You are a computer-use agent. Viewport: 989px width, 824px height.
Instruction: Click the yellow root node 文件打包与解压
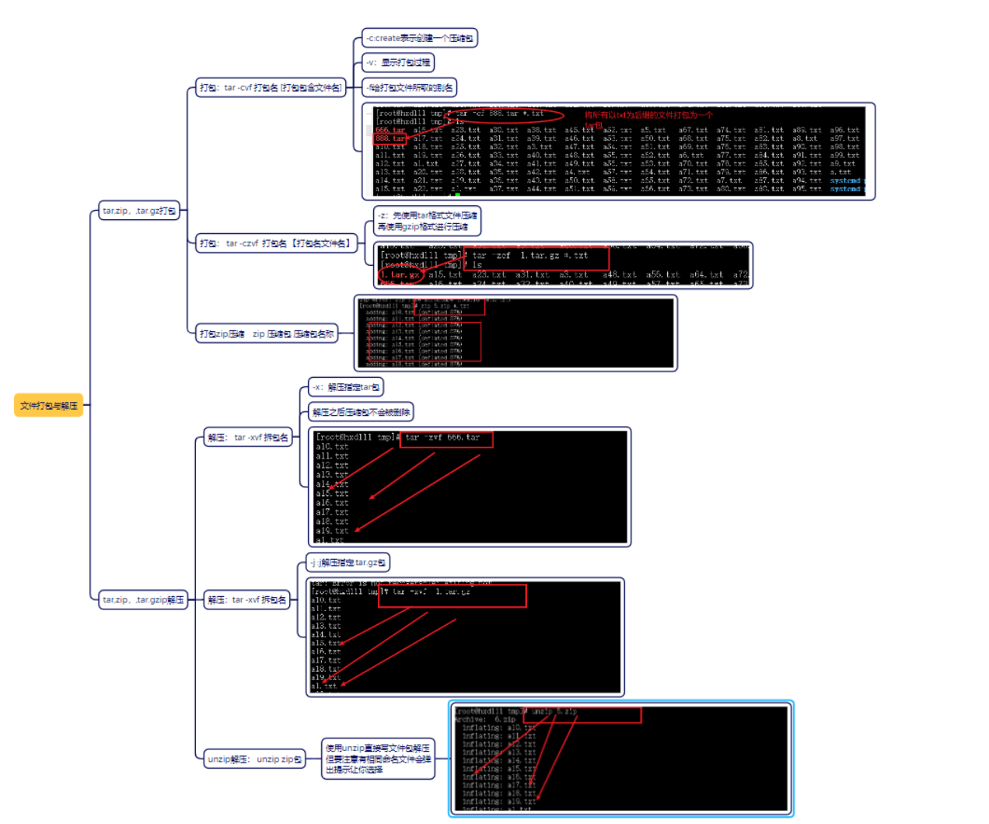coord(48,405)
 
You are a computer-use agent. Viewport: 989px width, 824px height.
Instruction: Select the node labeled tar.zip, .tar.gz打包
coord(139,211)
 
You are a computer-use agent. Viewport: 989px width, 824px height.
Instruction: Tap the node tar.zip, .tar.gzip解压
coord(143,600)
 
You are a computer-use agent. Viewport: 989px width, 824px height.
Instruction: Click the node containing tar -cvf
coord(271,88)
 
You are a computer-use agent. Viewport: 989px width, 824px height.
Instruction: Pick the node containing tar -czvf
coord(276,243)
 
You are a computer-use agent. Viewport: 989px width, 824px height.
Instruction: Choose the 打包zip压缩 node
coord(267,333)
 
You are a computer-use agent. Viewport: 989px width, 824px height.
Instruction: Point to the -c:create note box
coord(420,38)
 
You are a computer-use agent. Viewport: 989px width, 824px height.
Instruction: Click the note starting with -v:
coord(398,63)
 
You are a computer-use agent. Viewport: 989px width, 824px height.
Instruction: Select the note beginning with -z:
coord(427,221)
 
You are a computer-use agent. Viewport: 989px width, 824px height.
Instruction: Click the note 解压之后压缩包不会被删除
coord(361,412)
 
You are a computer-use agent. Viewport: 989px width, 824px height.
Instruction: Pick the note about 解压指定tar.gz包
coord(348,563)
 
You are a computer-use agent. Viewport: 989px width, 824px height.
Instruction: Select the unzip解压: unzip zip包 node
coord(254,759)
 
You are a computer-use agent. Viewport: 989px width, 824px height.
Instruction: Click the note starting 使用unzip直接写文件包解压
coord(378,759)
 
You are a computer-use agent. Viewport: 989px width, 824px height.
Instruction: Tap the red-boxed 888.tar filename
coord(390,138)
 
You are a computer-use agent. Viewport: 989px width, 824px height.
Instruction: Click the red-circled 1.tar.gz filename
coord(401,274)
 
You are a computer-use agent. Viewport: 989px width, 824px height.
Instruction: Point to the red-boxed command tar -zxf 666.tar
coord(446,438)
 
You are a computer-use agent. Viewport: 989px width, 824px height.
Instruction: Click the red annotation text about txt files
coord(648,115)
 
